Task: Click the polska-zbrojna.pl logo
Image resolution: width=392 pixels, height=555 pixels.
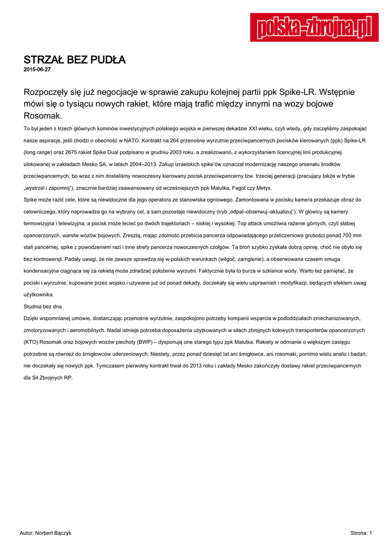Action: point(310,28)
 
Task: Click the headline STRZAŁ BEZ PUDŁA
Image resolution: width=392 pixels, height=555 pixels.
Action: point(75,60)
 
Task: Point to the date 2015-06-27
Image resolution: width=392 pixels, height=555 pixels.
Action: point(37,70)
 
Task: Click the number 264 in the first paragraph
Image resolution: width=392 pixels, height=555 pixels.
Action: point(178,139)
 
